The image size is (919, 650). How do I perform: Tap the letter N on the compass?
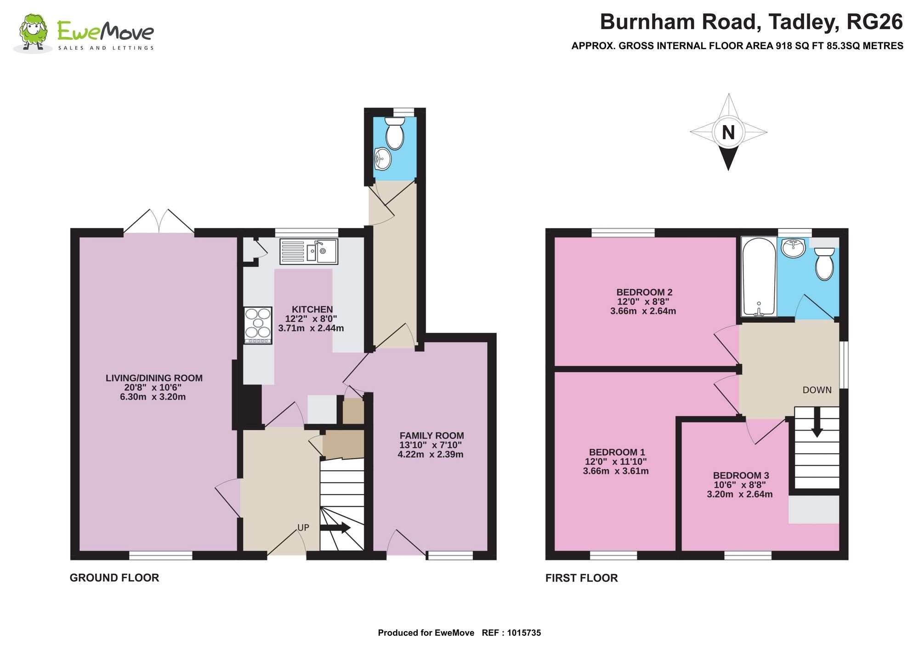click(728, 132)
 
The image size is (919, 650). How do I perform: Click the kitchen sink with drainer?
click(309, 251)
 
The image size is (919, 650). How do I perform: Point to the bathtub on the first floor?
click(759, 277)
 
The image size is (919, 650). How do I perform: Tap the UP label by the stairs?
click(303, 527)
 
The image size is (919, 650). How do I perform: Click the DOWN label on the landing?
click(817, 390)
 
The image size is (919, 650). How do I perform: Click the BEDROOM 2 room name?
click(644, 292)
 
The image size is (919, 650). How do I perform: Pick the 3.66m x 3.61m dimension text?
click(615, 471)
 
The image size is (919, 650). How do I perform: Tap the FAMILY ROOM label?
click(431, 435)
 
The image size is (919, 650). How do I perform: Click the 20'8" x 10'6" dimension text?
click(153, 388)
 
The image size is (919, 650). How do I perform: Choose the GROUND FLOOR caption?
click(114, 578)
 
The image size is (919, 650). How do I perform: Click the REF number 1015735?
click(524, 633)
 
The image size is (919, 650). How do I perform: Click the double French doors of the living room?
click(159, 222)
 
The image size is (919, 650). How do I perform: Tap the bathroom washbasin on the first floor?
click(794, 248)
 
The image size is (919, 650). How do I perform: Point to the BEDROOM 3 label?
click(741, 475)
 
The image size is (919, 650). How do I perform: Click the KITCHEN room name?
click(312, 309)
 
